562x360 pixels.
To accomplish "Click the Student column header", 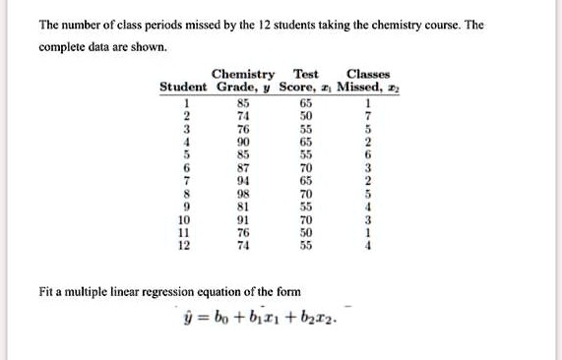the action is tap(182, 87).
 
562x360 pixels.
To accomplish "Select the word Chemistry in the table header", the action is tap(243, 74).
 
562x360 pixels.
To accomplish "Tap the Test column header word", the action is tap(306, 74).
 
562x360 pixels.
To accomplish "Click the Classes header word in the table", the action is tap(368, 74).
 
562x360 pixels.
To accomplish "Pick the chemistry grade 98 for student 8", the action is tap(243, 195).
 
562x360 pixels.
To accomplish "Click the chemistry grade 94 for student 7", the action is tap(243, 181).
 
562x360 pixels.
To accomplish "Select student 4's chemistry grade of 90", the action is tap(243, 141).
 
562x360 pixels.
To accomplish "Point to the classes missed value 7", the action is tap(368, 114).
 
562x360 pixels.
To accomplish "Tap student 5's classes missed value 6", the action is tap(368, 154).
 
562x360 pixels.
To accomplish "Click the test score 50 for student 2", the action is tap(306, 114).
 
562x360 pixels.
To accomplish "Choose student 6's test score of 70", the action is tap(306, 168).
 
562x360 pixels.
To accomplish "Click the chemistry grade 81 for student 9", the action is tap(243, 208).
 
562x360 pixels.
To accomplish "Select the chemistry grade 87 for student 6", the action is tap(243, 168).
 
